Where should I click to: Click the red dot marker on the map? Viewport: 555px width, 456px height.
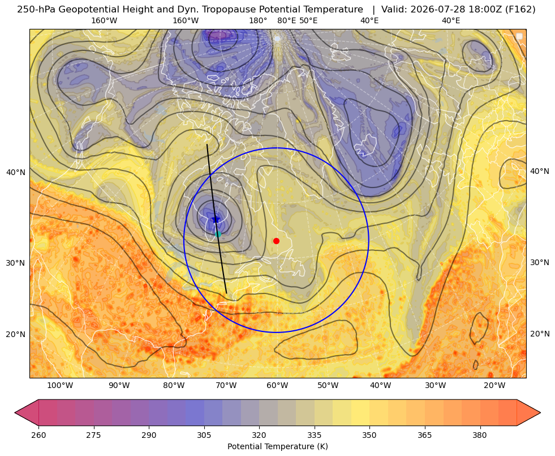click(277, 241)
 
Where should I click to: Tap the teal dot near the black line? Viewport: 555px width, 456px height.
click(218, 234)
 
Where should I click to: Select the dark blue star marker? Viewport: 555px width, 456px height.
click(216, 219)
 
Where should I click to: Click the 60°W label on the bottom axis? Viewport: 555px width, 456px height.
click(277, 386)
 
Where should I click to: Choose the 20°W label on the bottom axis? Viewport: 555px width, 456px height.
click(495, 386)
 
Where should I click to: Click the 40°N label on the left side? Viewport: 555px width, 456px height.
click(16, 173)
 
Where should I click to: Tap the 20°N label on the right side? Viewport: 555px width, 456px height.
click(540, 334)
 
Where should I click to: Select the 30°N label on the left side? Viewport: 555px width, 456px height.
click(16, 263)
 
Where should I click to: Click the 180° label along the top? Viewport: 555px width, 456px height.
click(258, 20)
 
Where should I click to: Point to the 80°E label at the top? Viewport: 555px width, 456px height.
click(286, 20)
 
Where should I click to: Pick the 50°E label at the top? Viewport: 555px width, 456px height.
click(308, 20)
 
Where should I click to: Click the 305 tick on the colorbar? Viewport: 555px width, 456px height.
click(204, 435)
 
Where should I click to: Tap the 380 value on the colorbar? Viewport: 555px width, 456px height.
click(480, 435)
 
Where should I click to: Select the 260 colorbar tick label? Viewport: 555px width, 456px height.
click(38, 435)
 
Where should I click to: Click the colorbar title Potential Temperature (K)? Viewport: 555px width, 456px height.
click(277, 446)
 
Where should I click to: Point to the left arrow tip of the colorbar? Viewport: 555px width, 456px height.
click(15, 412)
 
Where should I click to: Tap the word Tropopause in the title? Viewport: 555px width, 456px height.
click(223, 10)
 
